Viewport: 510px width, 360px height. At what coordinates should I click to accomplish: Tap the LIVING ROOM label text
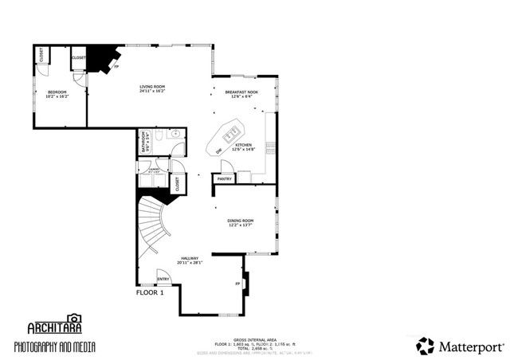[152, 87]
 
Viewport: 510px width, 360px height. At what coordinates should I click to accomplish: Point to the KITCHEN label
[243, 146]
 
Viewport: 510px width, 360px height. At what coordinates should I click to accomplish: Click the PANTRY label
[223, 179]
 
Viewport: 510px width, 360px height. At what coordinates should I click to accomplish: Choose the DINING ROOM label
[241, 221]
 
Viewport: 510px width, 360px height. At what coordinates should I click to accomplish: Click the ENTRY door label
[163, 279]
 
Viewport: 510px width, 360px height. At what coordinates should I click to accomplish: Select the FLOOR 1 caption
[150, 292]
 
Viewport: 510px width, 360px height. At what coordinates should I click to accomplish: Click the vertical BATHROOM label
[145, 142]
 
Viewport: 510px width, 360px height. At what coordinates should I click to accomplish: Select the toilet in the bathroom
[160, 138]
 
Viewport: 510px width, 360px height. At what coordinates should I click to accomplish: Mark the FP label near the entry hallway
[237, 283]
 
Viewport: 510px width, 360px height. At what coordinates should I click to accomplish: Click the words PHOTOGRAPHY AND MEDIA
[53, 346]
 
